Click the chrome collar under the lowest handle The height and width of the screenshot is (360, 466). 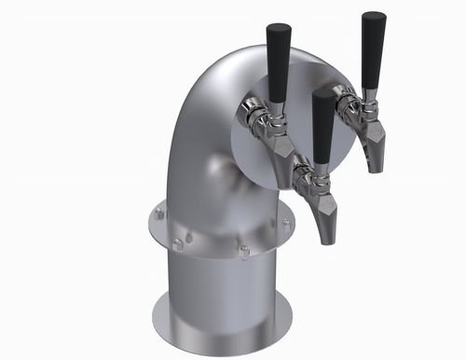(319, 172)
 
